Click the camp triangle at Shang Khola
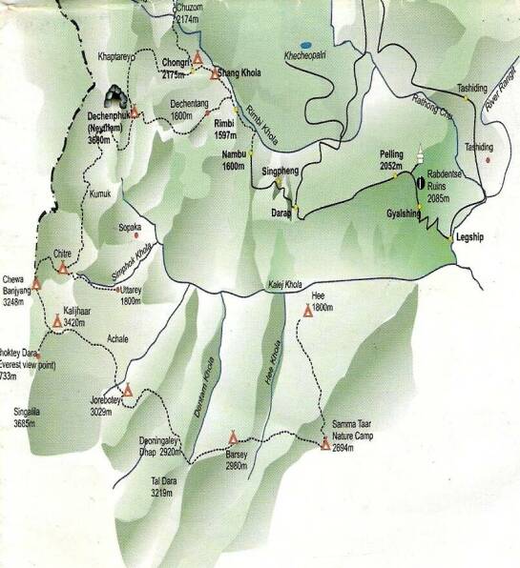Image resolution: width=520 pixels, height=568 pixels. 198,58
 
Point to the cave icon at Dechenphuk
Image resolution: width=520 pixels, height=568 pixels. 116,95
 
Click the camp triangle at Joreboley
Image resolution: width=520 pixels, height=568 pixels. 128,389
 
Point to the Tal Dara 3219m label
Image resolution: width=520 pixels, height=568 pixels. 168,487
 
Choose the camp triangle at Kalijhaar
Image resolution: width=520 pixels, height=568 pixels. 56,322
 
